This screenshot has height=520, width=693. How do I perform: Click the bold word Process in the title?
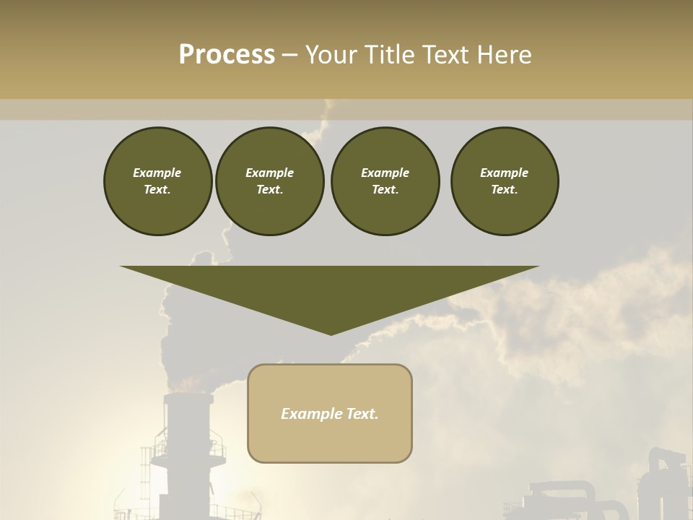(x=227, y=55)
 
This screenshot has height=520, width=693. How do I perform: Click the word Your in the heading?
(x=330, y=55)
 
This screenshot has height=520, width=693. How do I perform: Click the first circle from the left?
(x=157, y=181)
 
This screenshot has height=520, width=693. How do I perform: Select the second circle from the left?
(x=269, y=181)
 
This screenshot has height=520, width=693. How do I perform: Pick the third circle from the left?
(x=385, y=181)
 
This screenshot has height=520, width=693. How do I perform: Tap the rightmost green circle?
(x=504, y=181)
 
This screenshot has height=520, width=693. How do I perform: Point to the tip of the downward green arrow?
(x=331, y=333)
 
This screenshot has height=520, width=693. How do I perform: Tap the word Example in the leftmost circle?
(x=157, y=173)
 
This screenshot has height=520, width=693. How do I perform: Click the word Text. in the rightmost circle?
(x=504, y=189)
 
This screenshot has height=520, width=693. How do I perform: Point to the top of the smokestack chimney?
(x=188, y=396)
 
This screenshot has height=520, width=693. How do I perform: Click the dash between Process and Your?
(x=290, y=55)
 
